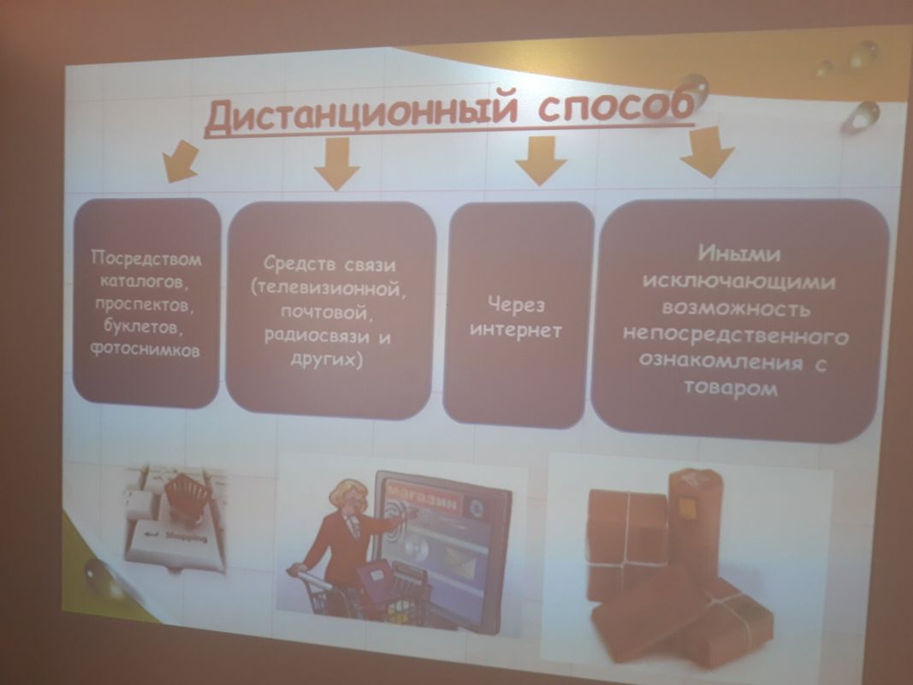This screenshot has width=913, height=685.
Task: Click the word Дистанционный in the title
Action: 360,114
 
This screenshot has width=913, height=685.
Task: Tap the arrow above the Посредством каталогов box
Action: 180,160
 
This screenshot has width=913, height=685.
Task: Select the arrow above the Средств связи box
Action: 336,164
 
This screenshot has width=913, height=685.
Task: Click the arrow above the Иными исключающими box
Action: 707,152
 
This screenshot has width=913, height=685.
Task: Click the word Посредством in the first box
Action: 146,258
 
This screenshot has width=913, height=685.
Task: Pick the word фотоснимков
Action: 145,348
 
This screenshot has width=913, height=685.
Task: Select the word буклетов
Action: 144,326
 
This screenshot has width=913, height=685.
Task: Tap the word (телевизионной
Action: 327,288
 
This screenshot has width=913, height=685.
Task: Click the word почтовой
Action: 325,312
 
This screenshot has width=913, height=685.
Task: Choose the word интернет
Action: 515,331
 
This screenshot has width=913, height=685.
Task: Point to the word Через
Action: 517,304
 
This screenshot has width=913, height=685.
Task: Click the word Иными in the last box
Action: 739,253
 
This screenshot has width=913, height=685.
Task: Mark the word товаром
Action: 731,387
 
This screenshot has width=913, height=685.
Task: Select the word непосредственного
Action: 735,337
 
